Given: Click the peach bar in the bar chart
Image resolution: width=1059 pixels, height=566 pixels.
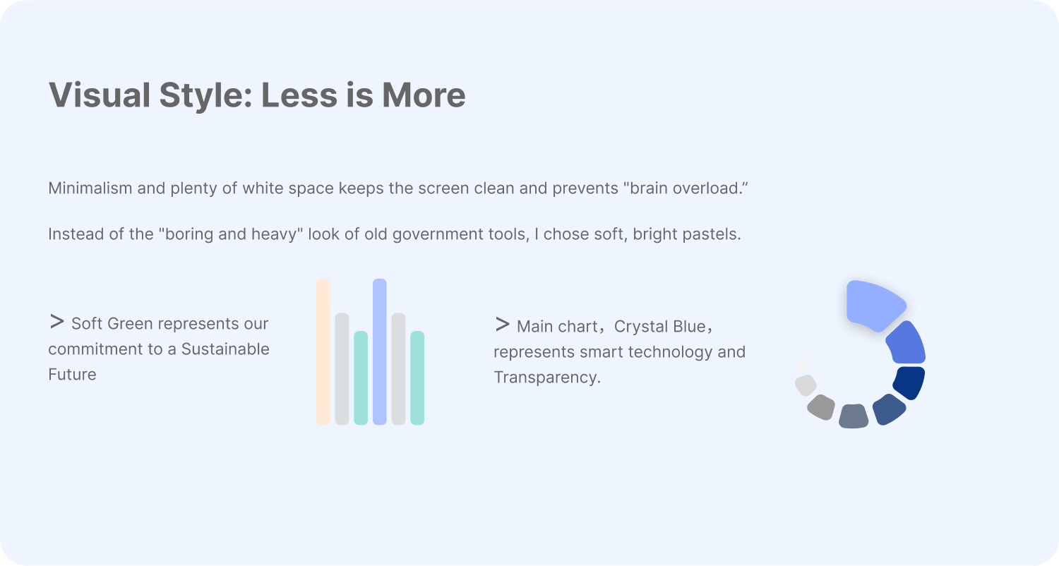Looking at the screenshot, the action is [323, 351].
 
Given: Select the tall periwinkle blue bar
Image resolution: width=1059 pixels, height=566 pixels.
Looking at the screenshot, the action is [380, 351].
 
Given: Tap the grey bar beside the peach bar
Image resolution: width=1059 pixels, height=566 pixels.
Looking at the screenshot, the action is [342, 368].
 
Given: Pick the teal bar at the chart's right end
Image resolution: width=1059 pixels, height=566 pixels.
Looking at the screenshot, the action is [417, 378].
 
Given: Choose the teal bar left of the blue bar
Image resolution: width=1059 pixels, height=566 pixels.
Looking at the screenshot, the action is [361, 378].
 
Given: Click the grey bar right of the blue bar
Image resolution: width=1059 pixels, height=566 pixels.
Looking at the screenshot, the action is [399, 368].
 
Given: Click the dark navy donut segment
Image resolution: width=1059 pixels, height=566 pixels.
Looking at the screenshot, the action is [909, 382].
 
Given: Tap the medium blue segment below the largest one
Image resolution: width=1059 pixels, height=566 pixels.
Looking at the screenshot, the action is [907, 342].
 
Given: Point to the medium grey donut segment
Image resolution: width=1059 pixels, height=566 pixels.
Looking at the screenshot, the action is [821, 407].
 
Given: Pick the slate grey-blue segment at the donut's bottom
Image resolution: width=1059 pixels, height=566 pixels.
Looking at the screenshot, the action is [854, 416].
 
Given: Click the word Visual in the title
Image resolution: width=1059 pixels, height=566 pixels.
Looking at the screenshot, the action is [100, 95].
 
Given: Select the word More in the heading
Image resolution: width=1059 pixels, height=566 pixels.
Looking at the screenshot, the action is [424, 95].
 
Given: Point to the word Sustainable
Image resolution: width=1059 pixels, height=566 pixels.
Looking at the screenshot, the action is [225, 349].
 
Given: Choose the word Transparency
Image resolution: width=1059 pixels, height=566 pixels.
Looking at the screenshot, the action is [547, 378].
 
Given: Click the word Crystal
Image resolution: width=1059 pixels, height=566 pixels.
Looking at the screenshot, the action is [640, 327].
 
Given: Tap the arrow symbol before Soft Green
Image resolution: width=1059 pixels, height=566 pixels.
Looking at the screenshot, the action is [56, 322].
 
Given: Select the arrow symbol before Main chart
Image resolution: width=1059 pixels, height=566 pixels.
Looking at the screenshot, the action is [503, 325].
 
